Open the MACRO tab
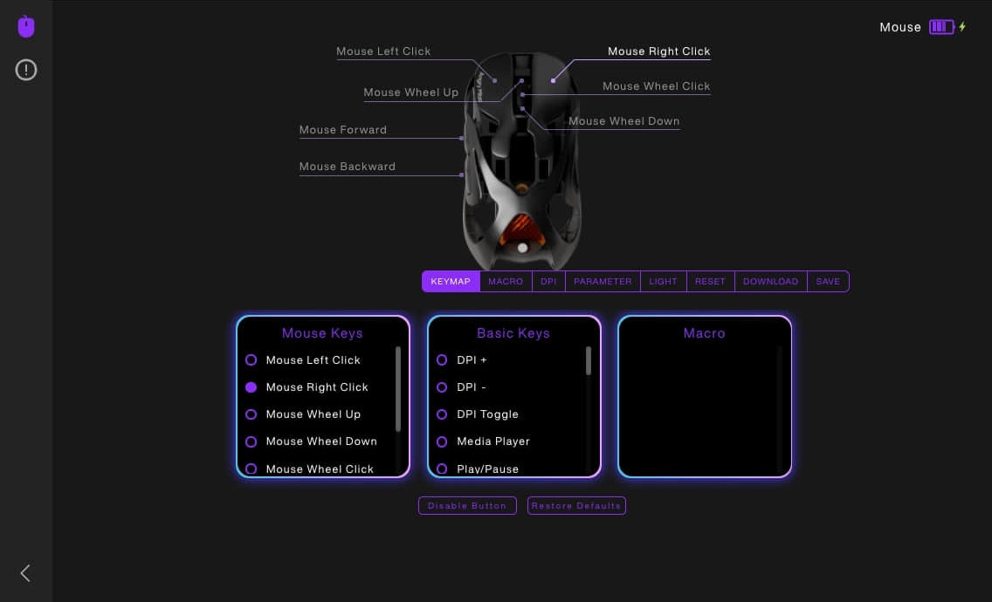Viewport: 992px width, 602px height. click(506, 282)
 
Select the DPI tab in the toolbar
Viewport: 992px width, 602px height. click(548, 282)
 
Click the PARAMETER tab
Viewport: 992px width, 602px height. click(603, 282)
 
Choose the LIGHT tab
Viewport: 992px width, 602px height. click(663, 282)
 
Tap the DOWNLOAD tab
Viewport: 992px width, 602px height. click(770, 282)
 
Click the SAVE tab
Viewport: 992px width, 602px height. click(828, 282)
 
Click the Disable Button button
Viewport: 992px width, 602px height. click(467, 506)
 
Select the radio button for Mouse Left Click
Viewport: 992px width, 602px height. click(251, 359)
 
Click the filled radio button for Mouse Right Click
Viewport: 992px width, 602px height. click(251, 387)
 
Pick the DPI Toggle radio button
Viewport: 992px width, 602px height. click(442, 414)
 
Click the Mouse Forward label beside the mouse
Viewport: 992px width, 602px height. click(343, 130)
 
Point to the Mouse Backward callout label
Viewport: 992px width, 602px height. click(348, 167)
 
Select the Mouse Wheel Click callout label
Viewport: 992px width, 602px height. click(656, 86)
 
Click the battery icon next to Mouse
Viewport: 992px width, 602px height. click(941, 26)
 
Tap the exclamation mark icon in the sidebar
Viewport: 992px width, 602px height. click(26, 70)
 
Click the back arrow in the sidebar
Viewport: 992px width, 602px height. click(25, 573)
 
